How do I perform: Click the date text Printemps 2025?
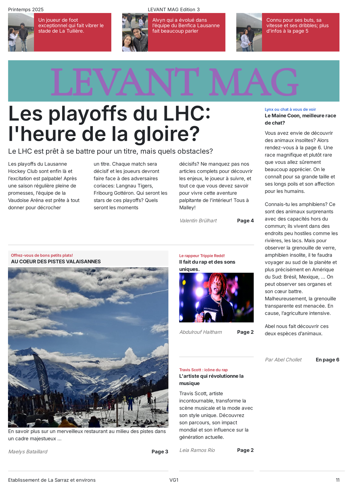pyautogui.click(x=26, y=9)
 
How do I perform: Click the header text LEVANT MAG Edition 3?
pyautogui.click(x=174, y=9)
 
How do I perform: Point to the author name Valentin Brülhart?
pyautogui.click(x=198, y=221)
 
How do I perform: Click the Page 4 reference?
pyautogui.click(x=245, y=221)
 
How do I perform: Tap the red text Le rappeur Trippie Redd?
pyautogui.click(x=202, y=256)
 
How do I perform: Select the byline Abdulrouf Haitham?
pyautogui.click(x=200, y=332)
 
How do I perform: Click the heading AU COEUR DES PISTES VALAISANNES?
pyautogui.click(x=56, y=261)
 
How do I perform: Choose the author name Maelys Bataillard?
pyautogui.click(x=28, y=452)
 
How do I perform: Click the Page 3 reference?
pyautogui.click(x=160, y=452)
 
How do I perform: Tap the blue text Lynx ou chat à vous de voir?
pyautogui.click(x=290, y=109)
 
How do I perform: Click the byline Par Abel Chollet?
pyautogui.click(x=283, y=360)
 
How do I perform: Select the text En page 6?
pyautogui.click(x=327, y=360)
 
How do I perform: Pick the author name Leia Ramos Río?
pyautogui.click(x=197, y=450)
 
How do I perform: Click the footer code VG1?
pyautogui.click(x=174, y=480)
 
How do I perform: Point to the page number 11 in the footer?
pyautogui.click(x=337, y=480)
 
